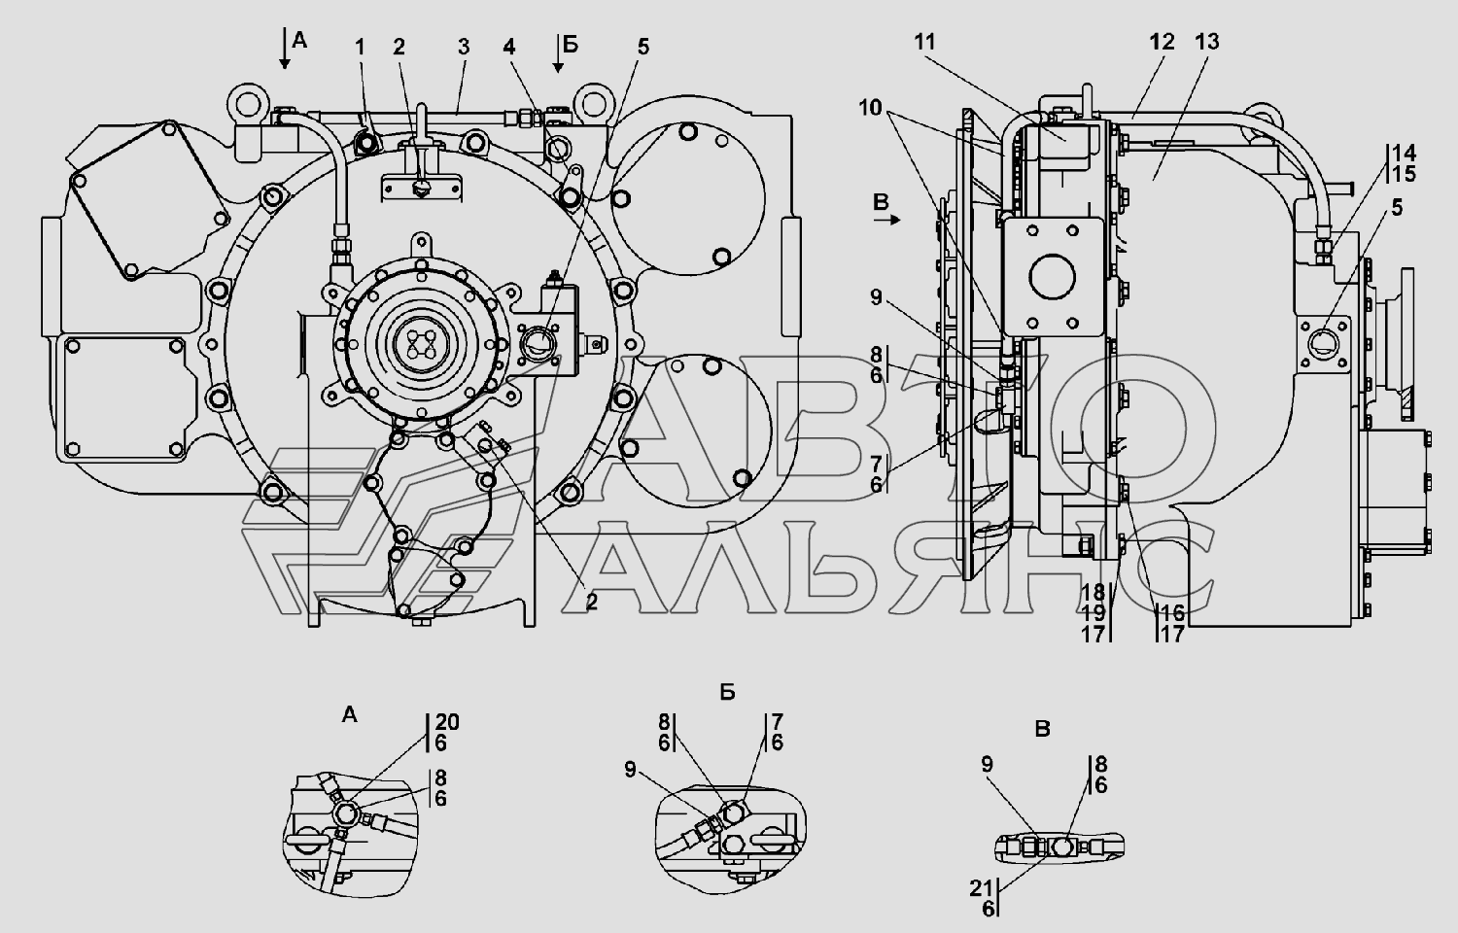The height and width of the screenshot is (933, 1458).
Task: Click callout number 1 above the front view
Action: (x=360, y=47)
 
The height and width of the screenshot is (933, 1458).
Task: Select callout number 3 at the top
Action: (x=464, y=47)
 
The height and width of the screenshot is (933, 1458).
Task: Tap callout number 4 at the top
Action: (x=509, y=47)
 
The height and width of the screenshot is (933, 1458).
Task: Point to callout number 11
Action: (x=924, y=42)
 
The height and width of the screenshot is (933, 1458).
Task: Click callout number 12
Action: (x=1162, y=42)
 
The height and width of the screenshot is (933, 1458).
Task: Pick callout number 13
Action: (x=1207, y=42)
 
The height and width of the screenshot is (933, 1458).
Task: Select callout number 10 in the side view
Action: (x=870, y=107)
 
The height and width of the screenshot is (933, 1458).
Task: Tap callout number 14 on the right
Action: (x=1404, y=154)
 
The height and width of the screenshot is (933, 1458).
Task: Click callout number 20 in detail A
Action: (x=447, y=722)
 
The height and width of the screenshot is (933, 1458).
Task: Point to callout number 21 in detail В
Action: (x=981, y=888)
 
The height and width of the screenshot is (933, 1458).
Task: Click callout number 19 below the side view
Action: (x=1093, y=613)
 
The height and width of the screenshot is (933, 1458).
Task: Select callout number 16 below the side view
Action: (x=1171, y=613)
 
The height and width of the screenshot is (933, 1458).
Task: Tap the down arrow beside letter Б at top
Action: (x=558, y=52)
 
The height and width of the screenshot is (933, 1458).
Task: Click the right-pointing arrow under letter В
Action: (x=887, y=221)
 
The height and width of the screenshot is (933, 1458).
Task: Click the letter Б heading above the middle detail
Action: (x=728, y=693)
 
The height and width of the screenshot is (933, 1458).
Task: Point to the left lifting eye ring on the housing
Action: (x=248, y=103)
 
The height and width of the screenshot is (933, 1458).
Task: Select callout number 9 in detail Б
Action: (x=630, y=770)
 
